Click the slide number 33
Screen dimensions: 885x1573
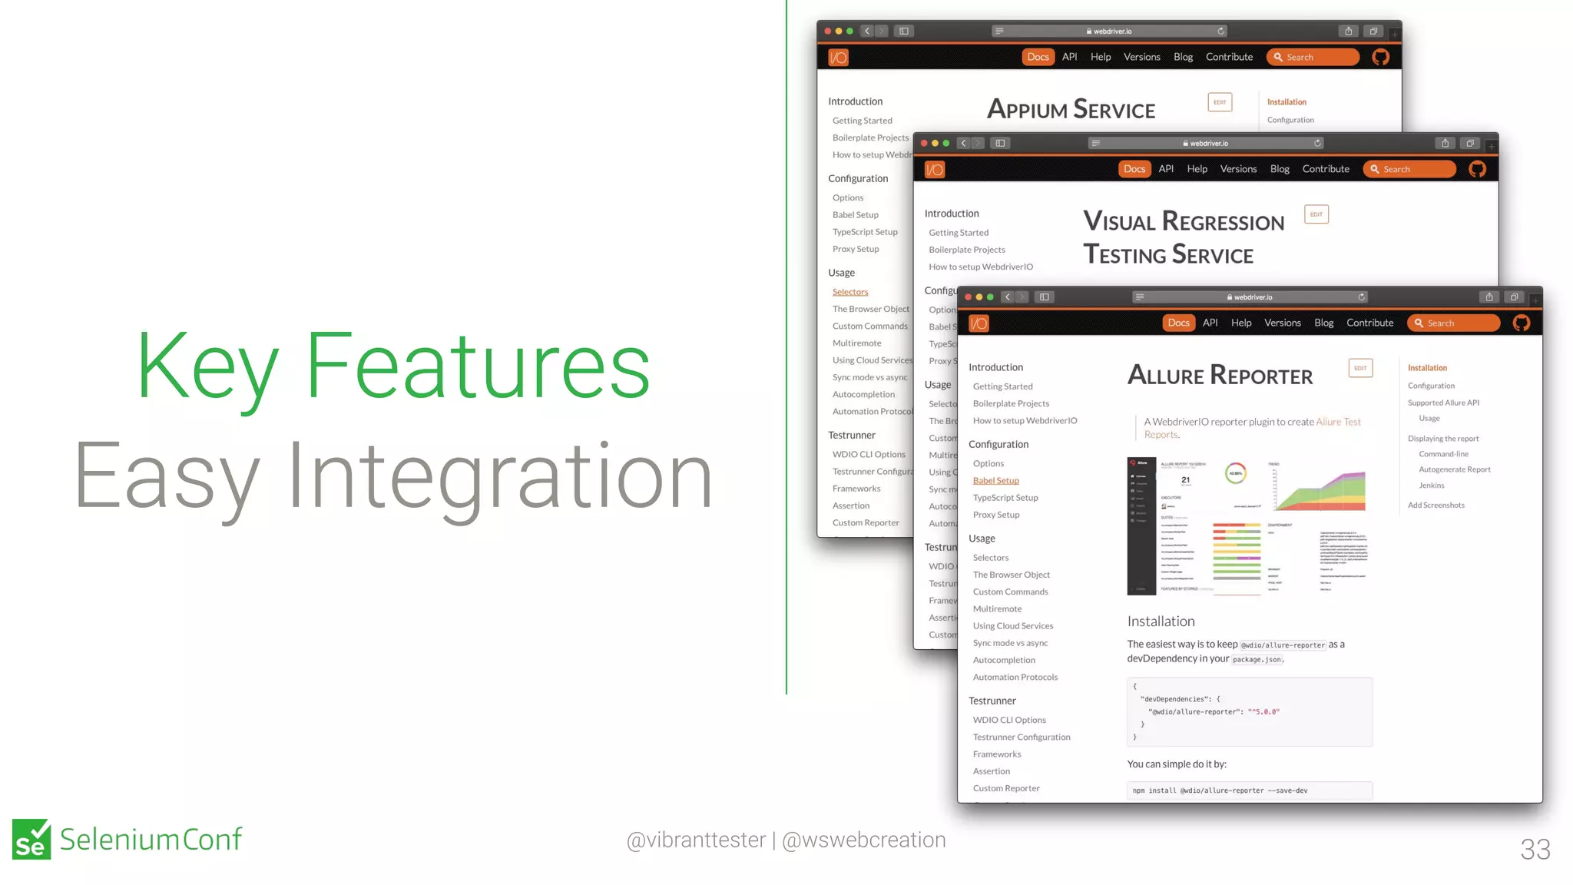(1535, 850)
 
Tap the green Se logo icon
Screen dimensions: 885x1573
(31, 839)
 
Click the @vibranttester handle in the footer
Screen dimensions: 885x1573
(696, 840)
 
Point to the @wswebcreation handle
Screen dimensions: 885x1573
(863, 840)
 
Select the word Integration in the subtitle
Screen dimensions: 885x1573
(500, 476)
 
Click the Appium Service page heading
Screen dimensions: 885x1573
(1071, 110)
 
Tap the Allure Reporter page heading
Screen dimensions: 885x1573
(1220, 375)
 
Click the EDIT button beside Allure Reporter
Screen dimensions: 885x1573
(1360, 368)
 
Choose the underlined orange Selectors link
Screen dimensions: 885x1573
(850, 292)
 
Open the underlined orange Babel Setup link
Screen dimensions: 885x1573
(995, 481)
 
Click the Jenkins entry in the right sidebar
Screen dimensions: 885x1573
(1431, 486)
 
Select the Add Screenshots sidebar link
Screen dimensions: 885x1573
(1436, 505)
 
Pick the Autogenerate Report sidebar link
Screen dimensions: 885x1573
(1454, 469)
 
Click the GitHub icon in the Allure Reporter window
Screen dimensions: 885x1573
(1521, 323)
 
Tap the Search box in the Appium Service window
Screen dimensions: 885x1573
(1313, 58)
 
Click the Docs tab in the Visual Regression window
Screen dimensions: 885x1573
(1134, 169)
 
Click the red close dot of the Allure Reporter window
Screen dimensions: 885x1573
(968, 297)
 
